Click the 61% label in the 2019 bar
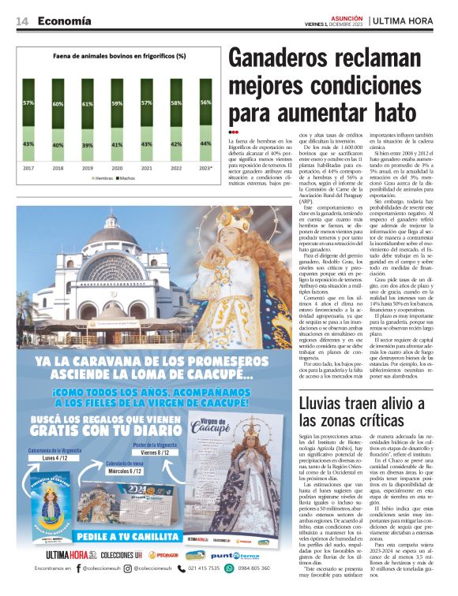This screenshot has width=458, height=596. (87, 104)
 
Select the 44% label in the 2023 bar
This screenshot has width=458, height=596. (205, 143)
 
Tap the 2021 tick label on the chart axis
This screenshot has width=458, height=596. (146, 168)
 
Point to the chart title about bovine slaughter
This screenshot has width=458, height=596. (119, 56)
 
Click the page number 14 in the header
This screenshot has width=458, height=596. (23, 20)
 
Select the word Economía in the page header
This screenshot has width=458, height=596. (64, 20)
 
